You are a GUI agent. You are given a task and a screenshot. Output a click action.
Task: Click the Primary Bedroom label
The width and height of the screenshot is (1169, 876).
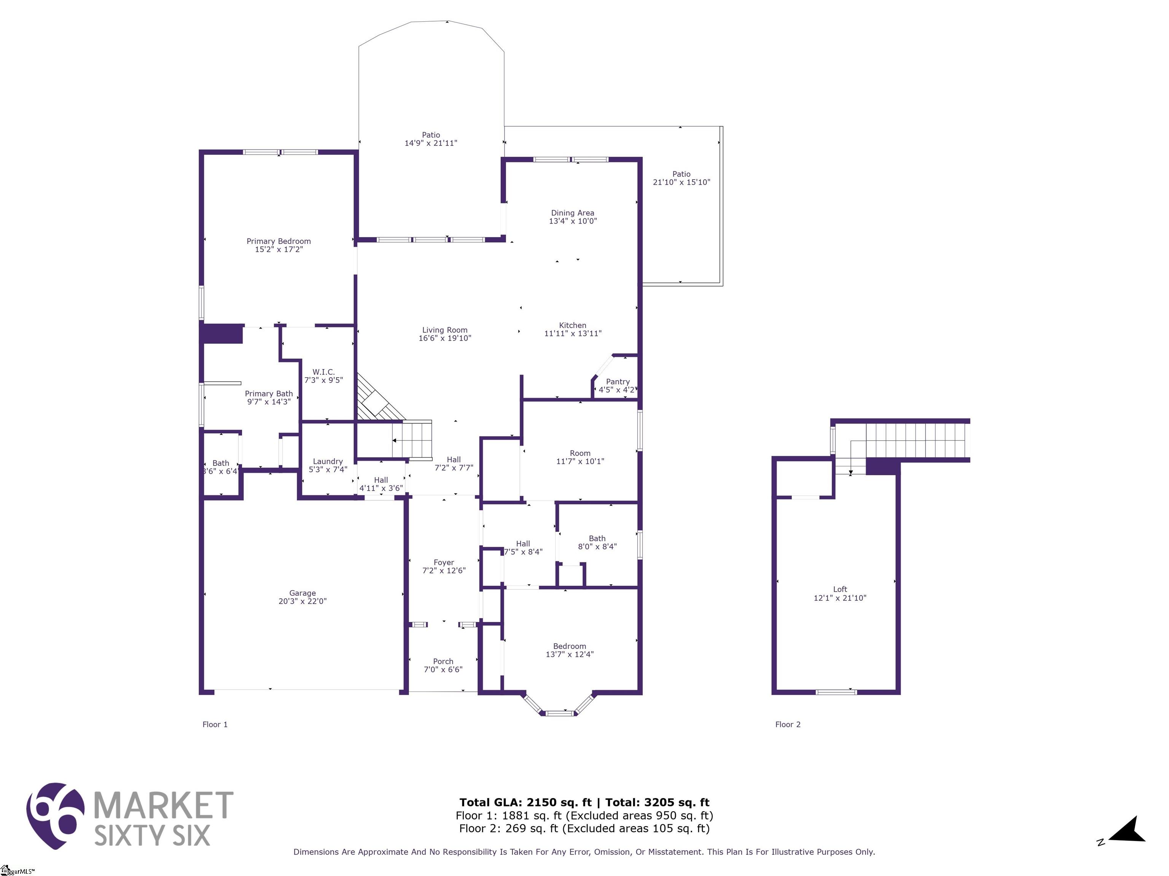(279, 241)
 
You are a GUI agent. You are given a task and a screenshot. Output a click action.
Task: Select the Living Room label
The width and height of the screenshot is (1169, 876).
(444, 330)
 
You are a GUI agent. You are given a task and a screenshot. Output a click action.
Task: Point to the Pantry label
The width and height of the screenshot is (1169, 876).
(617, 382)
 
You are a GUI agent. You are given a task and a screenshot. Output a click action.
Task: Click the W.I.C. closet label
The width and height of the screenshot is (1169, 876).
(323, 372)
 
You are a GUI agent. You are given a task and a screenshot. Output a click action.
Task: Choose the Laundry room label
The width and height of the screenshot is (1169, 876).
(328, 462)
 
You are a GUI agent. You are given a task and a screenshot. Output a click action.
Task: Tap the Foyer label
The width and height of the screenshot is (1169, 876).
(444, 562)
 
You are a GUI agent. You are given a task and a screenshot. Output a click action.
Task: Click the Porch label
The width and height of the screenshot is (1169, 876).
(443, 661)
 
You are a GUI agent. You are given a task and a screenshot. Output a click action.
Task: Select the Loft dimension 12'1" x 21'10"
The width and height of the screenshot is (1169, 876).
(840, 598)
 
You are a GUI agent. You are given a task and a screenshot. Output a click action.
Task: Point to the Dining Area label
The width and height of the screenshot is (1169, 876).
(572, 213)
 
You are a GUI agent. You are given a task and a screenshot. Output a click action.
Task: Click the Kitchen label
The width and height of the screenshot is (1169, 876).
(572, 325)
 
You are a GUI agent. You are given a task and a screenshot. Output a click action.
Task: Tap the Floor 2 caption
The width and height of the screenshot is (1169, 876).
(787, 724)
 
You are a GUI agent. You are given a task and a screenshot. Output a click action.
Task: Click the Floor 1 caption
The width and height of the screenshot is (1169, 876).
(215, 724)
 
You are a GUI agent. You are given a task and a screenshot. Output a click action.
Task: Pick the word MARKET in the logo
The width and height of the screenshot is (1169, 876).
(163, 805)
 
